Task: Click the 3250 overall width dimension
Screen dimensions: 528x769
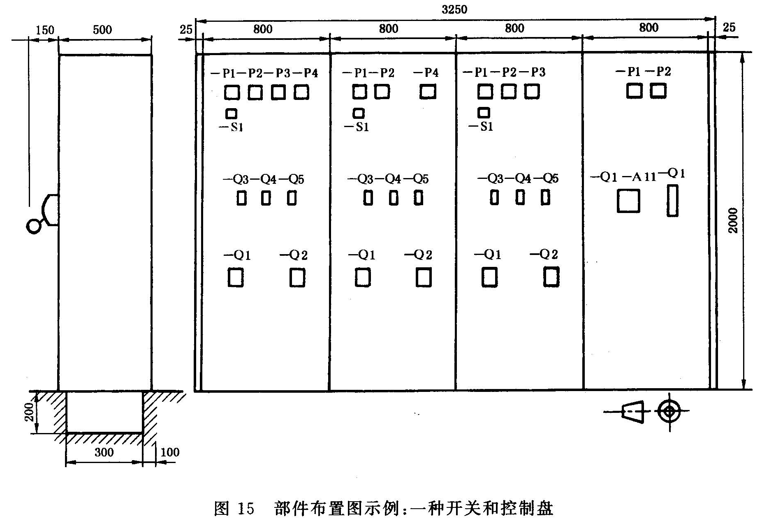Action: coord(454,9)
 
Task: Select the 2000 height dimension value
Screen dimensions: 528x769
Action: coord(733,220)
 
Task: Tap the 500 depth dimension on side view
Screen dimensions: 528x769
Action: coord(102,30)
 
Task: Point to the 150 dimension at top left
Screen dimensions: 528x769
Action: coord(45,30)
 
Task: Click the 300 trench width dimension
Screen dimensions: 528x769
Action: coord(104,452)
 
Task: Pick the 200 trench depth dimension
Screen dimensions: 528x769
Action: coord(29,412)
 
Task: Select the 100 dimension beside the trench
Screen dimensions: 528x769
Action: coord(169,452)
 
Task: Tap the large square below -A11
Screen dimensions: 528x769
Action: coord(628,201)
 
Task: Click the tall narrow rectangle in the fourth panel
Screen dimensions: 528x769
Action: coord(672,200)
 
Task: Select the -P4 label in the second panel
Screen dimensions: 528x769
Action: coord(426,73)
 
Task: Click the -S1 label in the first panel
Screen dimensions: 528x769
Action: coord(231,127)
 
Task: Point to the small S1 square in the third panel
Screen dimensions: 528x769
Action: coord(484,112)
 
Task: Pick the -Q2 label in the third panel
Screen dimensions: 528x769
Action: coord(544,255)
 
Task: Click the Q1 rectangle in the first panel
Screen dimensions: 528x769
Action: coord(236,278)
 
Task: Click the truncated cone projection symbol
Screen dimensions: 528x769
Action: coord(632,411)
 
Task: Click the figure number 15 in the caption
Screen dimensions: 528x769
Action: coord(246,509)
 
